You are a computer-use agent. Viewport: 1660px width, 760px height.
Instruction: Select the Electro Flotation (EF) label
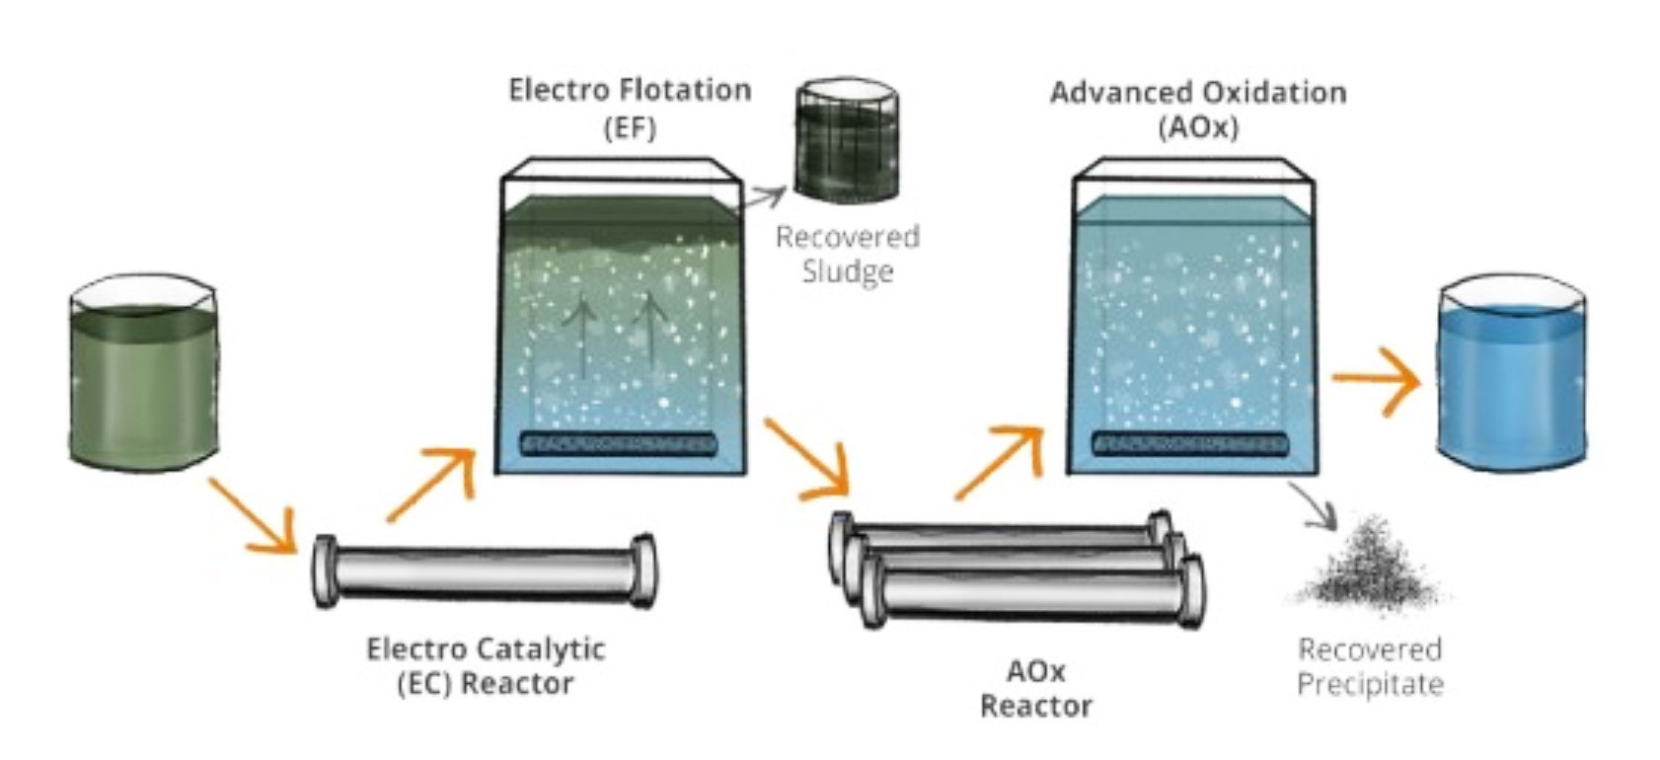[x=630, y=108]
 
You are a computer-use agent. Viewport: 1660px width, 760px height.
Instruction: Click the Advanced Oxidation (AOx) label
[x=1197, y=110]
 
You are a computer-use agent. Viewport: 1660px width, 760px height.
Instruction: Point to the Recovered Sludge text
[x=847, y=254]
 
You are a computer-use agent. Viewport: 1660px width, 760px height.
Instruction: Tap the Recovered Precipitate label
[x=1369, y=666]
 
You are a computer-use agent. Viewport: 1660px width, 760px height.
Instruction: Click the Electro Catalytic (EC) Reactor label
[x=486, y=666]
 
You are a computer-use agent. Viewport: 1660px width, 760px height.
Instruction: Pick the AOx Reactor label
[x=1035, y=688]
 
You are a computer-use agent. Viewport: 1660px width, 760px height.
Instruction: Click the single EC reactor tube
[x=484, y=572]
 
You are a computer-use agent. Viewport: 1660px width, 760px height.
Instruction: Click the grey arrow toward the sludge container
[x=766, y=197]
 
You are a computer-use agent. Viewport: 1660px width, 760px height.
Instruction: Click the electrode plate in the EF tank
[x=618, y=444]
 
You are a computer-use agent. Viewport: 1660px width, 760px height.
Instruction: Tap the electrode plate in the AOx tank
[x=1189, y=444]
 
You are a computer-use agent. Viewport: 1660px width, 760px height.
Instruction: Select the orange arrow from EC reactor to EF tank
[x=430, y=484]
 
